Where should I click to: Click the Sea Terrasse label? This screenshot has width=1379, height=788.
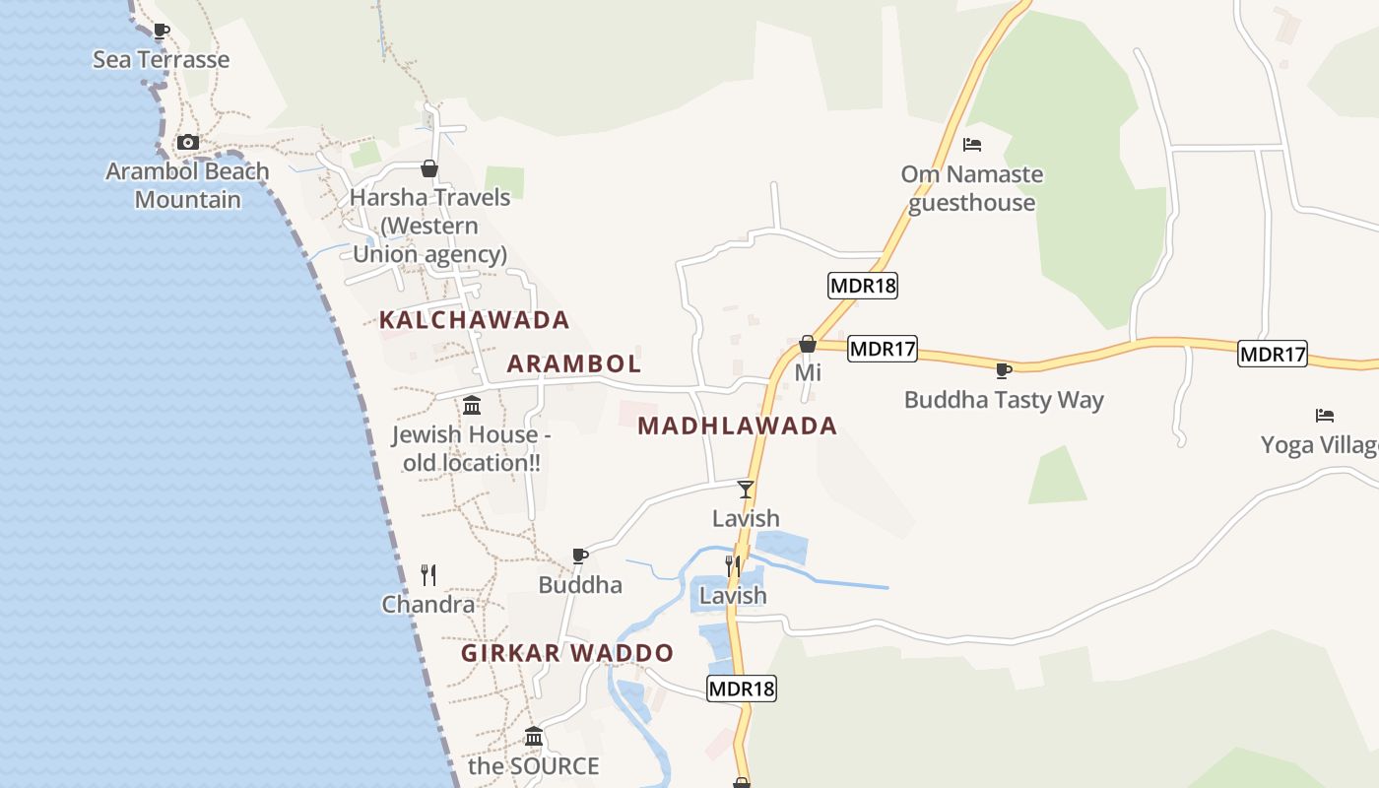[x=161, y=59]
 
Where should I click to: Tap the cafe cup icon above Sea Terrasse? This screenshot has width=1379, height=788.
[x=162, y=31]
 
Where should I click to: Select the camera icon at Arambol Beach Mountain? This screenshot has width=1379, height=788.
[x=187, y=143]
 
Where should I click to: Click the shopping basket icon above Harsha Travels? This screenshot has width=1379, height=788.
[x=428, y=168]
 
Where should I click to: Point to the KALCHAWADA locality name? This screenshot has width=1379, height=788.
[x=474, y=320]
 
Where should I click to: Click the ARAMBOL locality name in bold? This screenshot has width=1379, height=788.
[x=573, y=363]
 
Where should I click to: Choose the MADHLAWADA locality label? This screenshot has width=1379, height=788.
[x=737, y=427]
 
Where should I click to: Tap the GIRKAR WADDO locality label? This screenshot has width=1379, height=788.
[x=567, y=653]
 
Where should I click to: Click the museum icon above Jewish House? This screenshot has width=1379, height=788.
[x=471, y=405]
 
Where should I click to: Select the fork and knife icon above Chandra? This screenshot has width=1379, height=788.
[x=428, y=574]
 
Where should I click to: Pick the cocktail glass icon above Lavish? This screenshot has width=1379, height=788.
[x=746, y=489]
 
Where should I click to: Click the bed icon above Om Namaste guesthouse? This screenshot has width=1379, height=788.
[x=972, y=145]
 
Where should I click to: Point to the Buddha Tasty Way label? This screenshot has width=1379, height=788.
[x=1004, y=400]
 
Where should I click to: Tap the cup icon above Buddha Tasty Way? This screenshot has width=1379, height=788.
[x=1003, y=370]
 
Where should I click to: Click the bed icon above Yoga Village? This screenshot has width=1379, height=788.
[x=1324, y=416]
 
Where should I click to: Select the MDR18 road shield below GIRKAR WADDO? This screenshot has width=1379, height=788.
[x=742, y=689]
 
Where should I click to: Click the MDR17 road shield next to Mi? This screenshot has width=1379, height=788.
[x=883, y=348]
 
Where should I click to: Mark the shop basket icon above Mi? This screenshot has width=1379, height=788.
[x=808, y=344]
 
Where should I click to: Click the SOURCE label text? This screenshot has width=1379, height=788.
[x=533, y=765]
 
